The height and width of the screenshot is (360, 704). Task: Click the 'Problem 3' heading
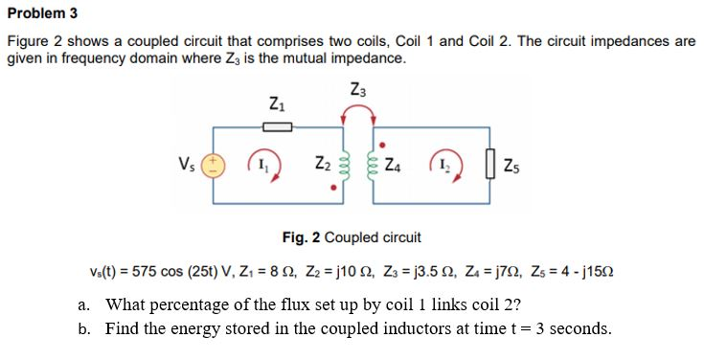tap(36, 12)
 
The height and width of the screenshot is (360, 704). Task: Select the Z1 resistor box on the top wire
tap(277, 124)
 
